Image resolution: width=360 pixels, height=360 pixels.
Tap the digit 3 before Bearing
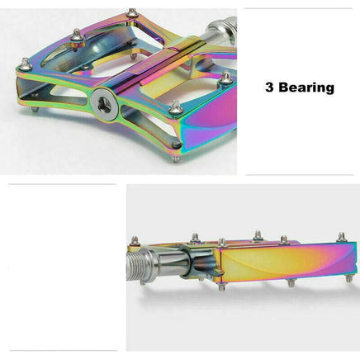[x=270, y=87]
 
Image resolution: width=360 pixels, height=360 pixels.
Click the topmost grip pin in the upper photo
[x=131, y=13]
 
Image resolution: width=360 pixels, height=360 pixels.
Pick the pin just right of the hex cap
[x=174, y=107]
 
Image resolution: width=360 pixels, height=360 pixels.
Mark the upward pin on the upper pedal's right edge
[x=225, y=78]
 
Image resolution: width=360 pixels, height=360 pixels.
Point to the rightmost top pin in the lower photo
[x=341, y=238]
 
